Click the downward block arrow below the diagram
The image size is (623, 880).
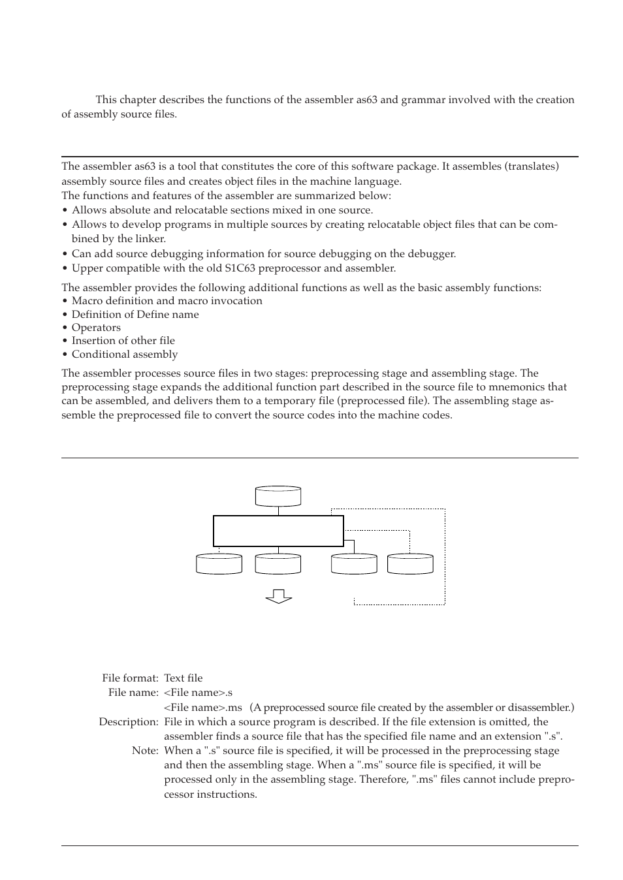279,595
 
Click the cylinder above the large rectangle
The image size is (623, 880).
278,497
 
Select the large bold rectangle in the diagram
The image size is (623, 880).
278,531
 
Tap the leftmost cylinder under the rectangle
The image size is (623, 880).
219,564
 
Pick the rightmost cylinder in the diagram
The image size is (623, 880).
410,564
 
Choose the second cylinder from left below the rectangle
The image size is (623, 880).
278,564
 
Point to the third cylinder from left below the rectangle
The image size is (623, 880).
354,564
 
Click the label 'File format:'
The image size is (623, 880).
130,678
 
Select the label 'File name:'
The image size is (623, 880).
133,693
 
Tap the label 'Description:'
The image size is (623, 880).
129,722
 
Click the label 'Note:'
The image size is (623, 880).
145,751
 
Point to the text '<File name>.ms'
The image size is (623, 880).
203,708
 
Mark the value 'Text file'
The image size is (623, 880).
184,678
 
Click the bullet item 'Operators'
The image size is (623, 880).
96,328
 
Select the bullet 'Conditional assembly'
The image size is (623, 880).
124,354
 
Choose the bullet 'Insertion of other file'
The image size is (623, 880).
123,341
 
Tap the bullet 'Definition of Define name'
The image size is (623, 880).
135,315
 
